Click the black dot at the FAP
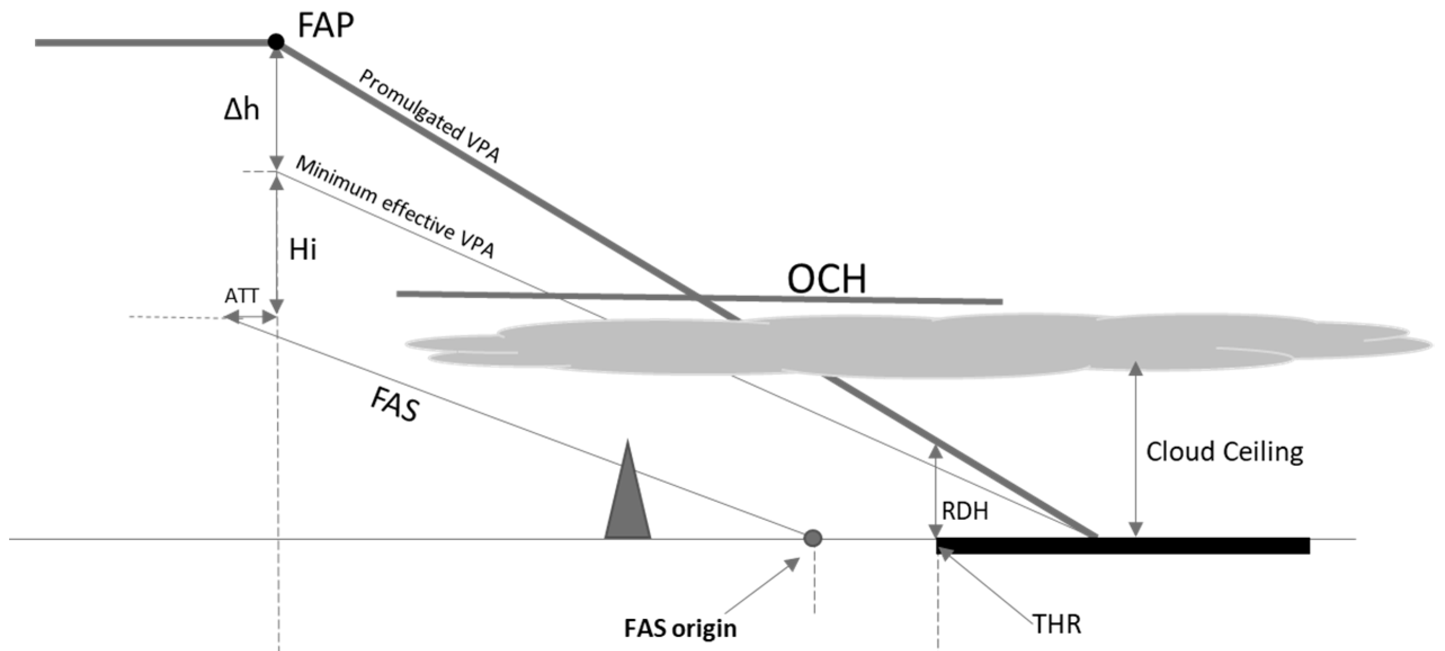(276, 42)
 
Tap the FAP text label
(325, 25)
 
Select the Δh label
(241, 109)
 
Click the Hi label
(303, 249)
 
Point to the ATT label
(241, 296)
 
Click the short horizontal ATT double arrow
(251, 318)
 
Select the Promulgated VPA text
(430, 116)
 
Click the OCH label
(826, 279)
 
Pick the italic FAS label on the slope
(395, 404)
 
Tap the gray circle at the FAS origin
(812, 538)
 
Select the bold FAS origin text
(680, 628)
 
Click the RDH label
(965, 511)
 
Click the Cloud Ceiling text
(1224, 452)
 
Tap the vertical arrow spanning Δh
(276, 107)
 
